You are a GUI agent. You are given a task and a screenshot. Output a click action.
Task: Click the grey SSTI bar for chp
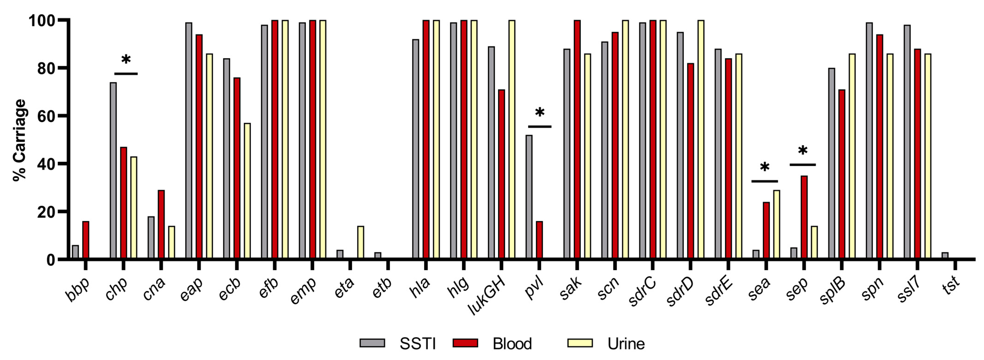[x=113, y=171]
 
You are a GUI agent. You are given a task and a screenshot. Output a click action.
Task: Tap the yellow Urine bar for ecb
[x=247, y=191]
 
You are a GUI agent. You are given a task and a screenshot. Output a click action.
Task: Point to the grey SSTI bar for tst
[x=945, y=256]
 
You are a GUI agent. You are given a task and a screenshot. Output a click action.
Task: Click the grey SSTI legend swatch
[x=372, y=343]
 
